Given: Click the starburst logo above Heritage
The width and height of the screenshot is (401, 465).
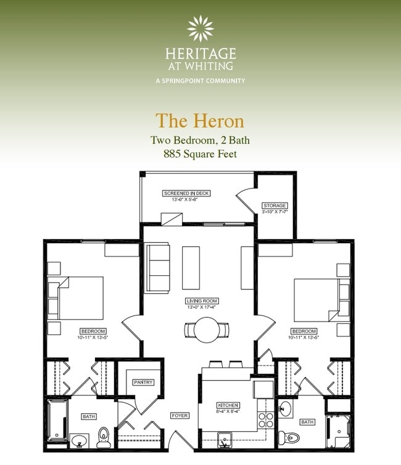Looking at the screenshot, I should (200, 28).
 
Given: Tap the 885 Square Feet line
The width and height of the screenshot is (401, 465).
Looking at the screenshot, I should (200, 155).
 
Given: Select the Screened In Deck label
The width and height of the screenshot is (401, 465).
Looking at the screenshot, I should (186, 193).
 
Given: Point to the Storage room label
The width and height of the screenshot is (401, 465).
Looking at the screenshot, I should (275, 205).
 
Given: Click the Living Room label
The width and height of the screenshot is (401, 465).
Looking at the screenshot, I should (202, 301).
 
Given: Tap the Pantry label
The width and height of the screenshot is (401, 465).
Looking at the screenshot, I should (143, 382).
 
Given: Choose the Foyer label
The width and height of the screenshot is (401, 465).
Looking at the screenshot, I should (180, 416).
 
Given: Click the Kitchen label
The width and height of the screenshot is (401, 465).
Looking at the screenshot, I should (227, 405).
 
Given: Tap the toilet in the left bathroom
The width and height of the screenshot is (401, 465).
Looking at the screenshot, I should (104, 437).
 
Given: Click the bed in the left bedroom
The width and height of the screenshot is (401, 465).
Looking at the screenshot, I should (79, 298).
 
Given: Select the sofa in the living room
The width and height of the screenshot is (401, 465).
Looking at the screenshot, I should (157, 268).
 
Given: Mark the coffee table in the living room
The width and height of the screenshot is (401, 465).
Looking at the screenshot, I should (191, 268).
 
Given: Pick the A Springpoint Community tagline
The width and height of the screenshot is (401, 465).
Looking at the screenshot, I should (200, 81).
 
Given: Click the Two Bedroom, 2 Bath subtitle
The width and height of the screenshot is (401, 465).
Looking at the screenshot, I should (200, 140).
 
